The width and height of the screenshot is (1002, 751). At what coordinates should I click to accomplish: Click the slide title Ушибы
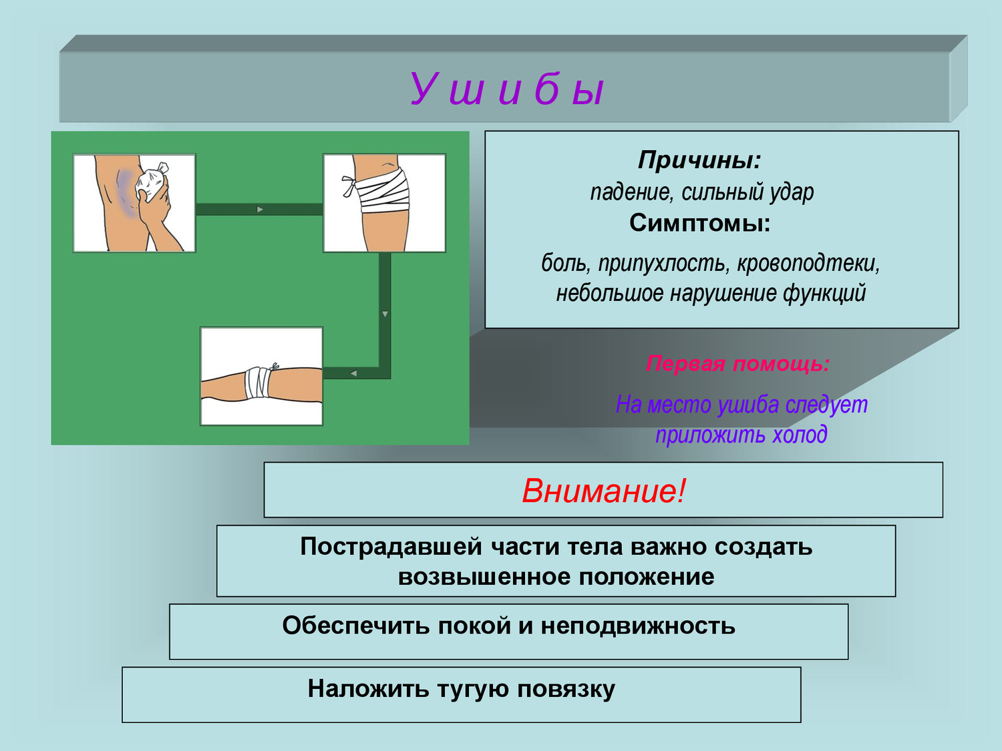(x=507, y=89)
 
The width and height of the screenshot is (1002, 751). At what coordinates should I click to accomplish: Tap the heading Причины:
(x=699, y=160)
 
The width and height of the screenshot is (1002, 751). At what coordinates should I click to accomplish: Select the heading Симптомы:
(x=700, y=224)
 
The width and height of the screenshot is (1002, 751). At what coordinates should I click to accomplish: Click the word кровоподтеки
(x=808, y=264)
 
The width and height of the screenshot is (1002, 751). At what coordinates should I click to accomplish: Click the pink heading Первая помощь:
(x=737, y=364)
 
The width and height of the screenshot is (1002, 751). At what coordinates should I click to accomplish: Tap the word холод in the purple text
(x=800, y=434)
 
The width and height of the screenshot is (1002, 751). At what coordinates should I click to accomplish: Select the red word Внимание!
(x=603, y=491)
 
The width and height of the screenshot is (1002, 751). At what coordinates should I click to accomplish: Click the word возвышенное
(x=484, y=577)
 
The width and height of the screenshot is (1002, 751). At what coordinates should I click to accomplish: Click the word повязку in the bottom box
(x=566, y=689)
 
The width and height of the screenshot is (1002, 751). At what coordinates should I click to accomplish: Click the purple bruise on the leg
(x=125, y=193)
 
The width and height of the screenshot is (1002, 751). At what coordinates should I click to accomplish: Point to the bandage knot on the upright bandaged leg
(x=349, y=186)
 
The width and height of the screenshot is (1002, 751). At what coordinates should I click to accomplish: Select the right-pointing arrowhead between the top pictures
(x=260, y=210)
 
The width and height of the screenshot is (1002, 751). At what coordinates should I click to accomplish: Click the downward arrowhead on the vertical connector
(x=385, y=314)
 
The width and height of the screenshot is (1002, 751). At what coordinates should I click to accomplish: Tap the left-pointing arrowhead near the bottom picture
(x=353, y=373)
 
